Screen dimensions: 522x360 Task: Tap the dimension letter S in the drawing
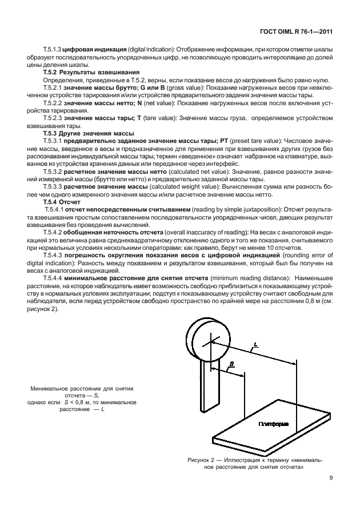tap(230, 364)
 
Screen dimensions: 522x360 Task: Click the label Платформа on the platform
tap(273, 424)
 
